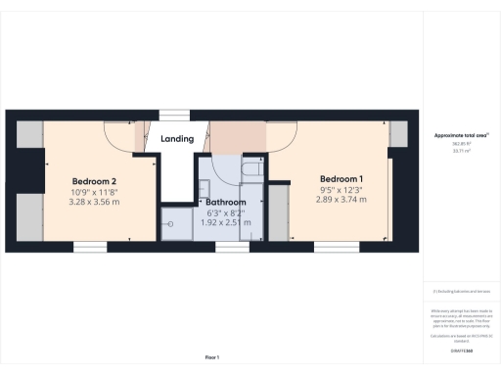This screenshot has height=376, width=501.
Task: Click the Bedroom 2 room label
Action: click(x=94, y=181)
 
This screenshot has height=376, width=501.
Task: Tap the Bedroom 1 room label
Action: click(x=342, y=178)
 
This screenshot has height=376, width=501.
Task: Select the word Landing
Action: click(x=176, y=139)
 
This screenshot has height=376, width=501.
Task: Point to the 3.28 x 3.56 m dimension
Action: click(x=94, y=204)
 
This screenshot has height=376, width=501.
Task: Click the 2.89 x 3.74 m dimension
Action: click(x=342, y=200)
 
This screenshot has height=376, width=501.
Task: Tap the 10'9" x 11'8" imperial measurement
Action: click(x=94, y=193)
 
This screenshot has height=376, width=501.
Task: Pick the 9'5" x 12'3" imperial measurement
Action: click(x=342, y=189)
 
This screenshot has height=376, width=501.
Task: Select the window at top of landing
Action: click(x=175, y=112)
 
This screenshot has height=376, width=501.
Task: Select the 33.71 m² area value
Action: click(x=459, y=151)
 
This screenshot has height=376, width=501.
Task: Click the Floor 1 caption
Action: click(x=211, y=356)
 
